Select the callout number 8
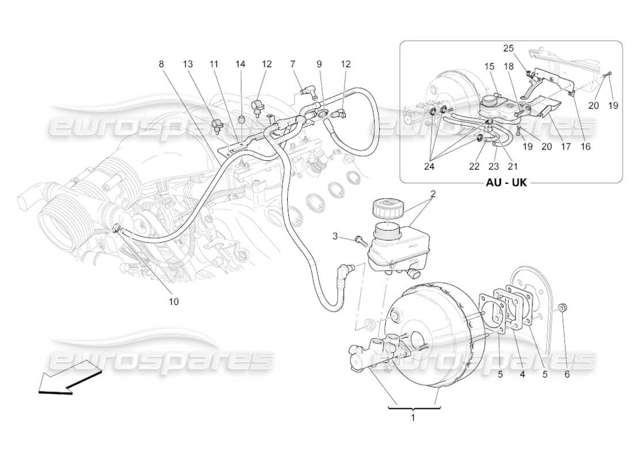(162, 64)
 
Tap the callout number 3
(335, 236)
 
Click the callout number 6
(567, 375)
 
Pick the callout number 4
(522, 375)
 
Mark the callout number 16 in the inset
(585, 147)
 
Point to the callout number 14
(241, 64)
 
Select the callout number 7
(292, 64)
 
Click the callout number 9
(319, 64)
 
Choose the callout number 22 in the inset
(473, 166)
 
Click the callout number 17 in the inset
(566, 147)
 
